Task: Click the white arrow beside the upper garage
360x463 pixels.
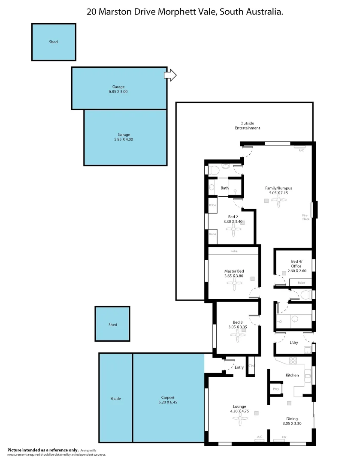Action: click(x=170, y=75)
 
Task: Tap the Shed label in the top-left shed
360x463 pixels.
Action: click(x=53, y=42)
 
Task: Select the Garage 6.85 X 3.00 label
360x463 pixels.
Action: click(x=118, y=89)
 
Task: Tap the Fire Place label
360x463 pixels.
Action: click(x=306, y=217)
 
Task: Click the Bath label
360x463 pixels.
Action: click(x=224, y=188)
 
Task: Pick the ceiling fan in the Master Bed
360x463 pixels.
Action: click(x=234, y=285)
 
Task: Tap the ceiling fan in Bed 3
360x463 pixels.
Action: click(x=237, y=337)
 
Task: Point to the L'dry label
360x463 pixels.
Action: click(x=293, y=343)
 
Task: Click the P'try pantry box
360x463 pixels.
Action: click(x=276, y=389)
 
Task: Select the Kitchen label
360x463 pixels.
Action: click(x=292, y=375)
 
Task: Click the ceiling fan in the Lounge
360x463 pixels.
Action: click(x=240, y=421)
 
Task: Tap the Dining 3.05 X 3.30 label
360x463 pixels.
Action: click(x=292, y=421)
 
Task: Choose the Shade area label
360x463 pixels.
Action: click(x=115, y=399)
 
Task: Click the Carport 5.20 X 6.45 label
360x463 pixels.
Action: click(x=168, y=400)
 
